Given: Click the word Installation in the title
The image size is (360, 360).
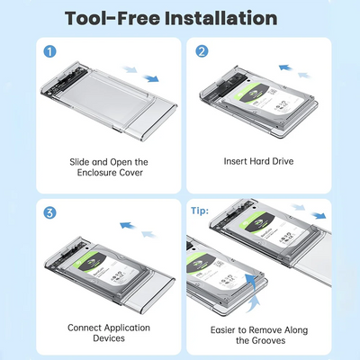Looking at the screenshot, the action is [221, 18].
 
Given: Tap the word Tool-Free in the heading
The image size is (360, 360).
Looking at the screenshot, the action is [112, 18].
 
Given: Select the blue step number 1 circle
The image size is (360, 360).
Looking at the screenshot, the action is [49, 51].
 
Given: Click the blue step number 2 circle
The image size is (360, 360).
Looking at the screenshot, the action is [202, 51].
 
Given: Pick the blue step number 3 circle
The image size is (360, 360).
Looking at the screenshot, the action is [49, 213].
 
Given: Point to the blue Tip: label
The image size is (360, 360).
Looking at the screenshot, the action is [200, 211].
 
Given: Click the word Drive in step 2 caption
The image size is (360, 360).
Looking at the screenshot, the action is [283, 161].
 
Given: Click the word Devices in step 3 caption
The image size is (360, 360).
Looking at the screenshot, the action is [109, 338].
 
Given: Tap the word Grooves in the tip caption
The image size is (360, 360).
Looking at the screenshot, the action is [268, 340].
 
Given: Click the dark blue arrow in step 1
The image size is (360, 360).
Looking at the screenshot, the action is [151, 78].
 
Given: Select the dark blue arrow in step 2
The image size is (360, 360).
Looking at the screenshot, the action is [285, 67].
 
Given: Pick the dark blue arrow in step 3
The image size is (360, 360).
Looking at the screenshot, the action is [126, 225].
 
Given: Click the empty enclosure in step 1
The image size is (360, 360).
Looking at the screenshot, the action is [109, 99].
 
